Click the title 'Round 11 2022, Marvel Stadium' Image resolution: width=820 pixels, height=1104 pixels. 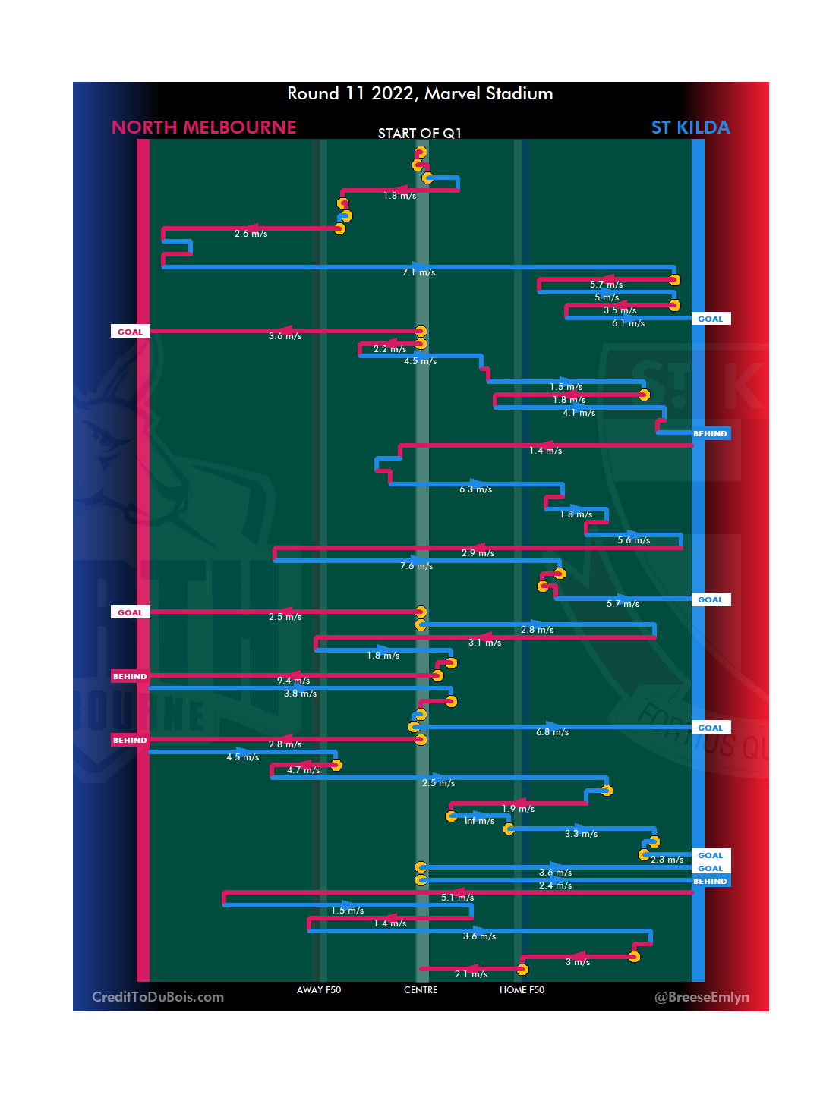coord(420,93)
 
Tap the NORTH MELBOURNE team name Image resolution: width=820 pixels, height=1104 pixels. coord(203,127)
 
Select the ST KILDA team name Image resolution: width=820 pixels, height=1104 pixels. coord(690,127)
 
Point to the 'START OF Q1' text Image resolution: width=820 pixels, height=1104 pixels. coord(419,134)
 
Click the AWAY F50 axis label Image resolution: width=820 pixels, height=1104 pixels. coord(319,990)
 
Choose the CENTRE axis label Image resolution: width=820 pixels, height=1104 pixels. coord(421,990)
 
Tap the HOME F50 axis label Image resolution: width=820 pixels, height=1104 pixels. coord(522,990)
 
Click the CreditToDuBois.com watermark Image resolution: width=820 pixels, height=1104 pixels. coord(158,997)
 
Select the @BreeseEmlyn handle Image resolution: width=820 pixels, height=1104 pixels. coord(702,997)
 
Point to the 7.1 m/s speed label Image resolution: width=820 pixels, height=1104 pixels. coord(419,272)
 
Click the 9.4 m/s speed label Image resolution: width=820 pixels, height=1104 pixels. coord(293,681)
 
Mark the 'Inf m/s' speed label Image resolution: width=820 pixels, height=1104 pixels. coord(479,821)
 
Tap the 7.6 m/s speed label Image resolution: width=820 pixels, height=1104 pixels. coord(417,566)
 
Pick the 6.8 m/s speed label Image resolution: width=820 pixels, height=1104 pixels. coord(552,732)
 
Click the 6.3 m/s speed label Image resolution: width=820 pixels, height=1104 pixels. coord(476,489)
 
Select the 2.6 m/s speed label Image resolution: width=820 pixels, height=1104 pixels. coord(251,234)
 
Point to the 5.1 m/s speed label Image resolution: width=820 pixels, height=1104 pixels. coord(457,898)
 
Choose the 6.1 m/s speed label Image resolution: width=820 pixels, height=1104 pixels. coord(629,323)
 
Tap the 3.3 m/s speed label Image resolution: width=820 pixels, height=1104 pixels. coord(581,834)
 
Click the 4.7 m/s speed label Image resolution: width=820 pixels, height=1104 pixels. coord(303,770)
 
